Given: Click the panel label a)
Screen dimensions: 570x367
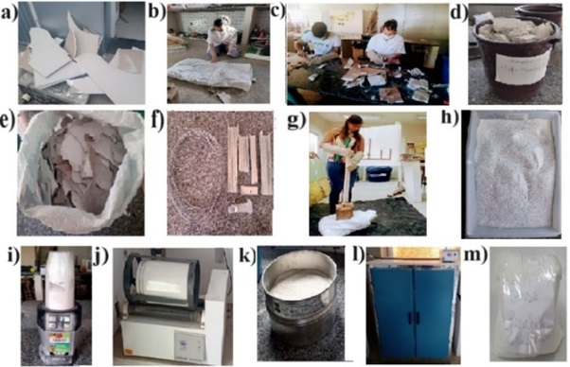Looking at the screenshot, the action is click(9, 14).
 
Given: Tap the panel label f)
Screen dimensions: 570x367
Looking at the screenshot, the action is click(157, 120).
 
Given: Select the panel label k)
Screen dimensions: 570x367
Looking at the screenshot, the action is click(248, 255).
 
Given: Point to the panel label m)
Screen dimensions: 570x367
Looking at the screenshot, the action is click(475, 254).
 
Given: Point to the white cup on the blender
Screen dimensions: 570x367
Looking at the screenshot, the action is click(61, 276).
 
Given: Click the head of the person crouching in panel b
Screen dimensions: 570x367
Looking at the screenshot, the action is click(218, 25).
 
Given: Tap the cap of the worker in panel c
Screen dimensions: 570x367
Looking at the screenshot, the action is click(320, 28).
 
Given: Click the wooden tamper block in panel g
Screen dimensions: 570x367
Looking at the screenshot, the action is click(343, 212).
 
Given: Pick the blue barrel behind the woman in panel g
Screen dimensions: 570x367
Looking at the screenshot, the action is click(379, 173).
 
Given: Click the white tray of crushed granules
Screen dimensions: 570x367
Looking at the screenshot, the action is click(511, 174).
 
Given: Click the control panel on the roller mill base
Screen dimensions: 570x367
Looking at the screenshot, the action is click(189, 345).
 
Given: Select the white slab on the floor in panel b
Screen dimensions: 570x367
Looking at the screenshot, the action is click(210, 75).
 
